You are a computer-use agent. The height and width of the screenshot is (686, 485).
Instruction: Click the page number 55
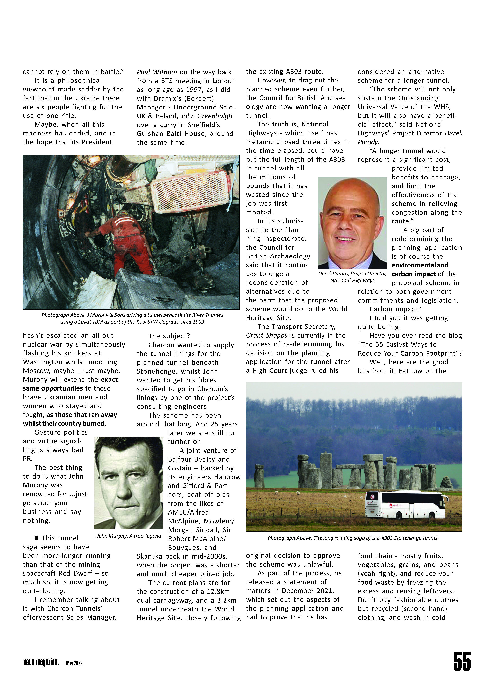(x=462, y=661)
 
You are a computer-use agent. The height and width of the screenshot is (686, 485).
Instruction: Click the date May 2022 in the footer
(x=74, y=663)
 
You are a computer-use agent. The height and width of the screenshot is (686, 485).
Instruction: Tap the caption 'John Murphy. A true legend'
(x=129, y=536)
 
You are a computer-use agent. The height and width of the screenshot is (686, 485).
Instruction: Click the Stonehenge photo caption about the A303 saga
(x=353, y=538)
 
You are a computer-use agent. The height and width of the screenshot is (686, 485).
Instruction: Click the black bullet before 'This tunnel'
(x=36, y=538)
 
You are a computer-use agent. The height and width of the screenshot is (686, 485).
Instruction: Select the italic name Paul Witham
(x=157, y=72)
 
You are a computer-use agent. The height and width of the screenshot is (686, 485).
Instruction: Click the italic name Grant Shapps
(x=267, y=335)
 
